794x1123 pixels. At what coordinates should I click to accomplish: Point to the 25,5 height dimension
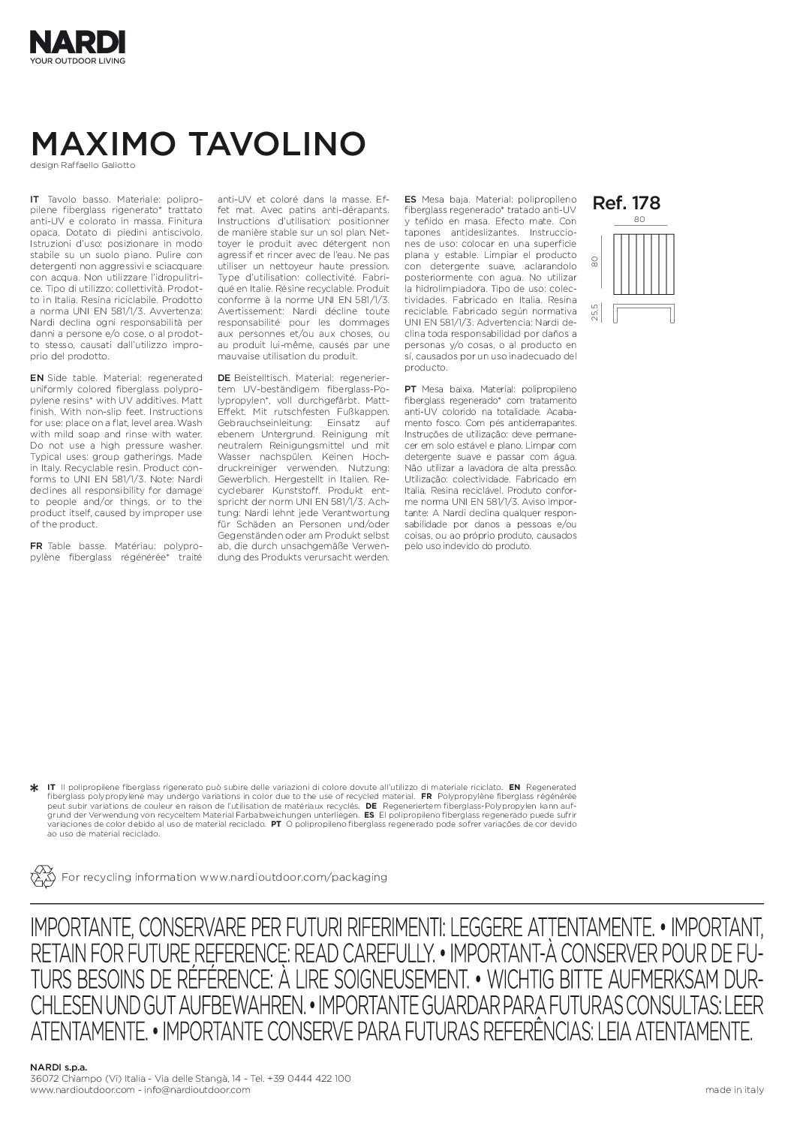pyautogui.click(x=595, y=311)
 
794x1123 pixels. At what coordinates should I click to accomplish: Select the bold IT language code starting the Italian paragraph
pyautogui.click(x=34, y=200)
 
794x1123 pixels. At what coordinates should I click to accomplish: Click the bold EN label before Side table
pyautogui.click(x=35, y=378)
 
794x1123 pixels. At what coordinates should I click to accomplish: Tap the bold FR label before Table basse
pyautogui.click(x=35, y=546)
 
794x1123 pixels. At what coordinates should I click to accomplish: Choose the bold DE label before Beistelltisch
pyautogui.click(x=223, y=378)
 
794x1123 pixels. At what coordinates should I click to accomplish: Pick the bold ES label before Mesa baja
pyautogui.click(x=410, y=200)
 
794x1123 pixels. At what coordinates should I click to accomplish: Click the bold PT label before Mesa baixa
pyautogui.click(x=411, y=389)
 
